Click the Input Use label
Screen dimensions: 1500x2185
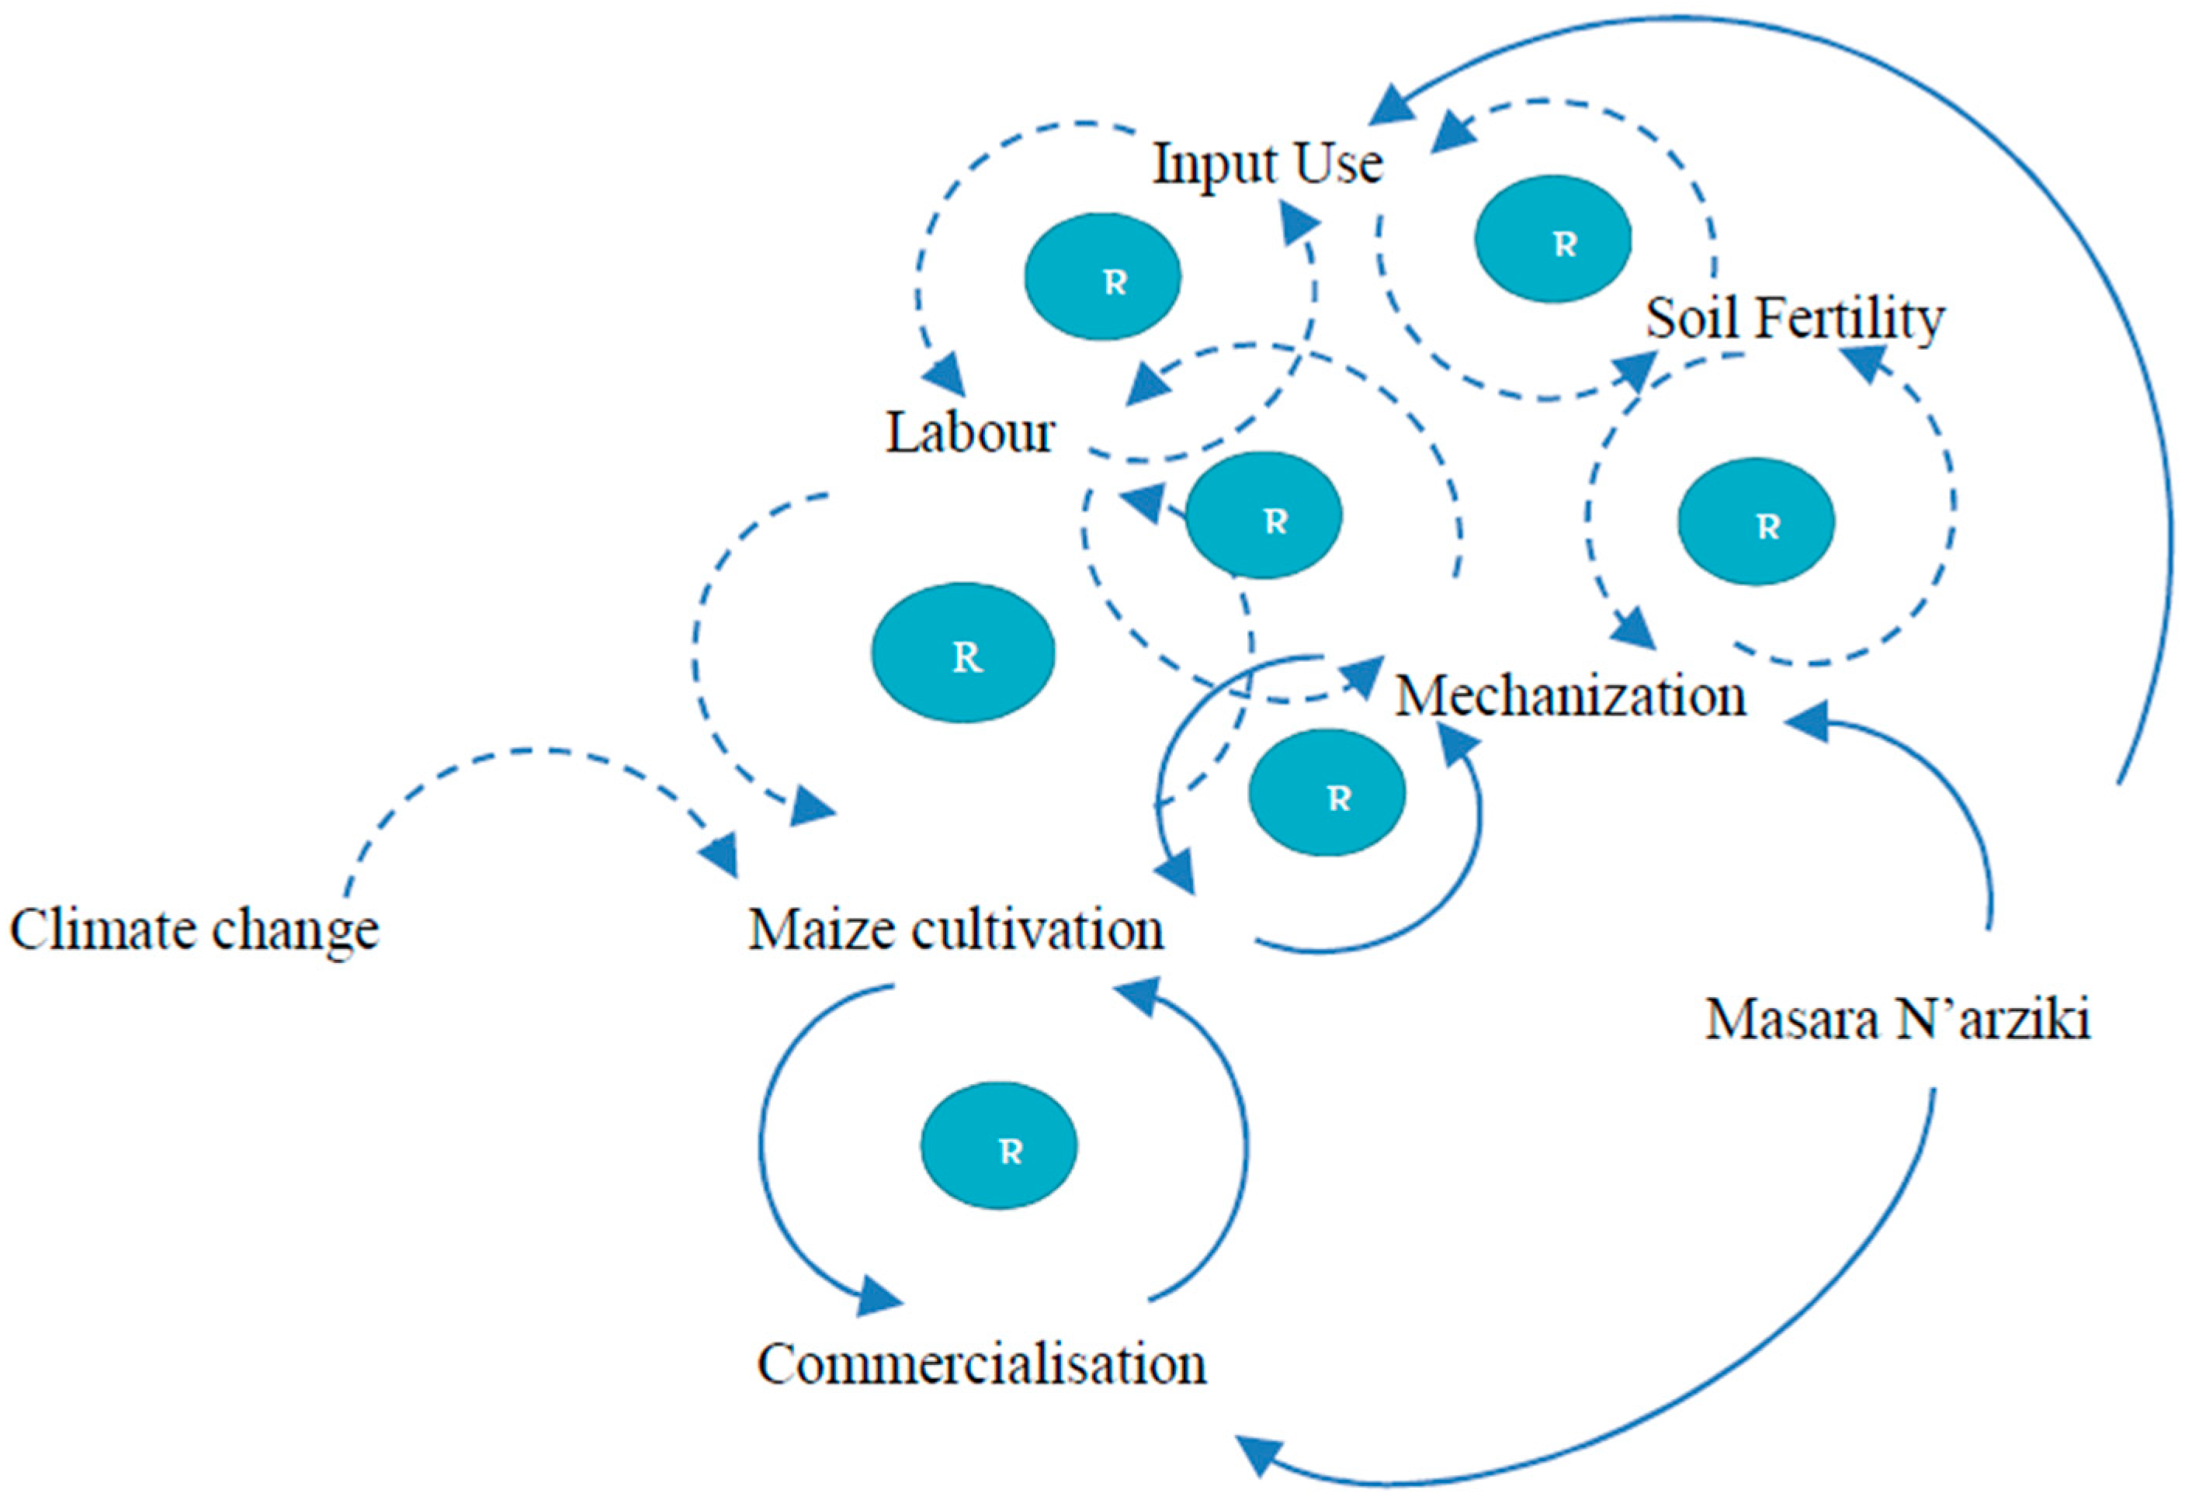(x=1268, y=165)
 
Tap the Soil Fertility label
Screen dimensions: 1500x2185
(x=1794, y=320)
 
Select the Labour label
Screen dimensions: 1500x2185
(x=969, y=435)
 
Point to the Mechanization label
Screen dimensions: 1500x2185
(x=1569, y=698)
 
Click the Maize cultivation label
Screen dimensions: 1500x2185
(x=956, y=930)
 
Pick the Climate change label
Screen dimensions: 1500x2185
(x=194, y=930)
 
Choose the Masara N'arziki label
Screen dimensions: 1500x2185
(x=1897, y=1019)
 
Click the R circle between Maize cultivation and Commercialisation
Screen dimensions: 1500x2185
(x=998, y=1145)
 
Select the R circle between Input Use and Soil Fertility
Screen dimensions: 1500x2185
(x=1552, y=239)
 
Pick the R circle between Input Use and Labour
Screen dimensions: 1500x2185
(x=1102, y=276)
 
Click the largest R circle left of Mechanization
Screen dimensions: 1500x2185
(x=962, y=653)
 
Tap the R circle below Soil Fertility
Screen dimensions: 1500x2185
(x=1755, y=522)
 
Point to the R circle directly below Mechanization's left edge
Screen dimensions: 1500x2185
(x=1327, y=792)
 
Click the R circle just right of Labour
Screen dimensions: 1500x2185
(x=1264, y=515)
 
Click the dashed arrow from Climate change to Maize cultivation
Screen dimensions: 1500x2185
(x=526, y=752)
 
